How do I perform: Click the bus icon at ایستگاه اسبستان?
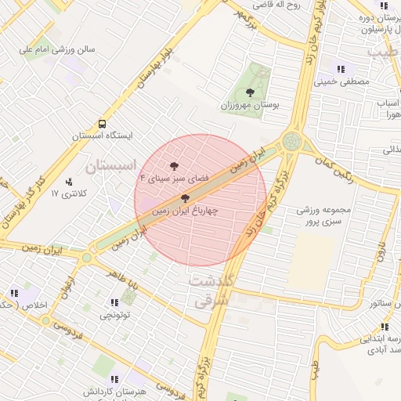click(x=103, y=123)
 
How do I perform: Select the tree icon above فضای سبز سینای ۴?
click(x=174, y=166)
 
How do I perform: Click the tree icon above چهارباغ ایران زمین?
click(x=185, y=199)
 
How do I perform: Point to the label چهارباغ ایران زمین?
click(x=185, y=211)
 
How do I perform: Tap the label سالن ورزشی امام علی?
click(x=58, y=49)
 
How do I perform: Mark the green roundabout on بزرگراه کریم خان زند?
click(x=292, y=141)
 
